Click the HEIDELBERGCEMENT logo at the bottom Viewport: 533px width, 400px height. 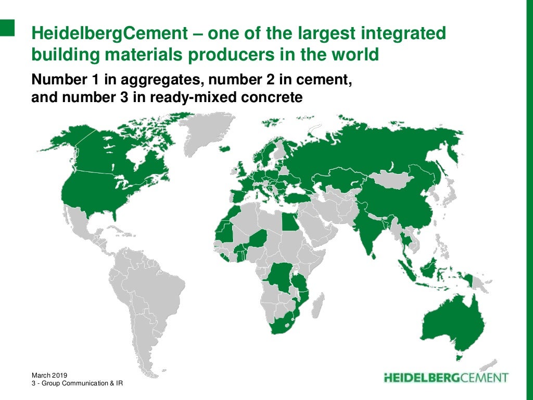click(x=446, y=377)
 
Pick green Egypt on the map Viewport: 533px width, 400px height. click(x=288, y=223)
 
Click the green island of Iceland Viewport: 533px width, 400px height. click(x=225, y=148)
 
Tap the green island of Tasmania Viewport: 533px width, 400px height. click(x=459, y=357)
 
